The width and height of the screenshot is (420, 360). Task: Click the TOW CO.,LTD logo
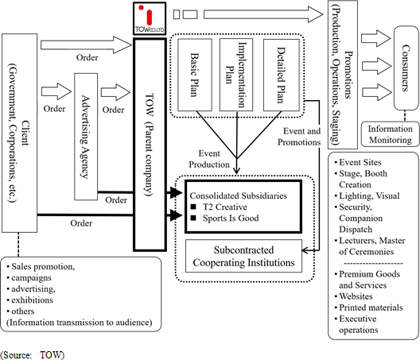tap(150, 18)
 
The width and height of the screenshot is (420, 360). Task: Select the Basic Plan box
tap(195, 75)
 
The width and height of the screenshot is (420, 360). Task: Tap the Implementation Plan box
tap(236, 75)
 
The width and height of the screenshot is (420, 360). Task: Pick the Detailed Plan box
tap(282, 75)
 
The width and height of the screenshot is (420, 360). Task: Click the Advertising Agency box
tap(86, 137)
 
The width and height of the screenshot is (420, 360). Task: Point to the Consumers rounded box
tap(406, 68)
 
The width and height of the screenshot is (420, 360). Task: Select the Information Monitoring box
tap(390, 134)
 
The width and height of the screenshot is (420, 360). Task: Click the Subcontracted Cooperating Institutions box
tap(243, 256)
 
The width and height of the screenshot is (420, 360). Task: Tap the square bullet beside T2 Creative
tap(193, 207)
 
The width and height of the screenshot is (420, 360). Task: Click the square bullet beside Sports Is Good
tap(193, 218)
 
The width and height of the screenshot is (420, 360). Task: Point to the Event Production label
tap(209, 159)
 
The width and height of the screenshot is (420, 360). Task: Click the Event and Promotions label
tap(299, 137)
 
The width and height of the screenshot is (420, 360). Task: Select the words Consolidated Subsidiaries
tap(238, 195)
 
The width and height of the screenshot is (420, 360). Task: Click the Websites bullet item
tap(354, 296)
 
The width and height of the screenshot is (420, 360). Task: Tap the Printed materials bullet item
tap(369, 308)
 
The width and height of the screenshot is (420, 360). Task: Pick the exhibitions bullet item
tap(30, 300)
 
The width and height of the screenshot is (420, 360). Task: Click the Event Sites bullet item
tap(358, 162)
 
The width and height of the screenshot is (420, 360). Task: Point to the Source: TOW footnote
tap(33, 355)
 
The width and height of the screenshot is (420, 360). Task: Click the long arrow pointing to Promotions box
tap(263, 14)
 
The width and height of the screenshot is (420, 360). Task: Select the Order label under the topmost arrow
tap(87, 57)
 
